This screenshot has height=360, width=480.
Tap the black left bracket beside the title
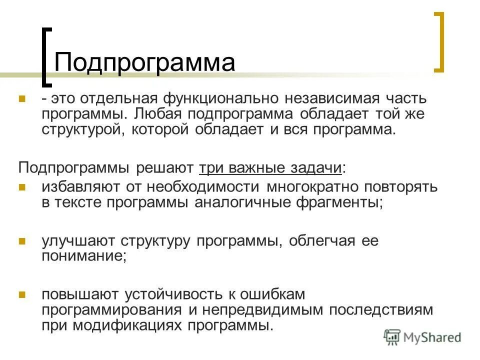click(x=45, y=55)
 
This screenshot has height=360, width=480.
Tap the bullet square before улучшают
click(x=22, y=241)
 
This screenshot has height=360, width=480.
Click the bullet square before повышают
click(x=22, y=294)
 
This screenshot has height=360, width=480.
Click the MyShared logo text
click(x=431, y=337)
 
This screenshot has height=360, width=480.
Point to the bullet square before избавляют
click(x=22, y=187)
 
